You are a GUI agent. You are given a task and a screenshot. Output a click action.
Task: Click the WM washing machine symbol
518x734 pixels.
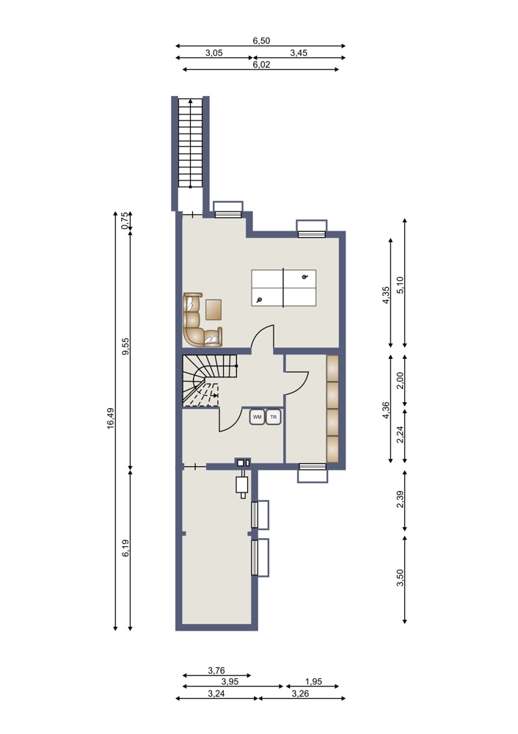click(x=258, y=417)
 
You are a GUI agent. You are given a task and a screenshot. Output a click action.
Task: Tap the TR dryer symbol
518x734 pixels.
click(x=273, y=417)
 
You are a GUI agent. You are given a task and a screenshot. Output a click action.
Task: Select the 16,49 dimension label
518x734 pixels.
click(x=111, y=418)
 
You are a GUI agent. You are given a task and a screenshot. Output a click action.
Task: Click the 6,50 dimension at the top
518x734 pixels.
click(x=262, y=40)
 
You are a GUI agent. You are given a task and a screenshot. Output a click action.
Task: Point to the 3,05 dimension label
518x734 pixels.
click(x=214, y=53)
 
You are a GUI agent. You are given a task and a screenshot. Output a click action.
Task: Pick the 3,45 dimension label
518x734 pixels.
click(x=299, y=53)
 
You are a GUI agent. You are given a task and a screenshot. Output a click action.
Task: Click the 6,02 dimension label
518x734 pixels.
click(x=262, y=65)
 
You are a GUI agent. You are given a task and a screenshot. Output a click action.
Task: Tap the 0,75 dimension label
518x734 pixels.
click(x=125, y=220)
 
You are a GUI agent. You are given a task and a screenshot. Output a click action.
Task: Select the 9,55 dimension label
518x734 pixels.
click(x=125, y=346)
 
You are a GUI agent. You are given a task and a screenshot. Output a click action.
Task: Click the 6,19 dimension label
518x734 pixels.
click(x=125, y=548)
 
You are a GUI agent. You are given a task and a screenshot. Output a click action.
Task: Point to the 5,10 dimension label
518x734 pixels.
click(x=400, y=285)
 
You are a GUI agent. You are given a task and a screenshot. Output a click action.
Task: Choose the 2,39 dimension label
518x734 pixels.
click(x=400, y=499)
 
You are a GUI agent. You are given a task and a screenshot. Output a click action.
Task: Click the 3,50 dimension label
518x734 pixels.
click(x=400, y=578)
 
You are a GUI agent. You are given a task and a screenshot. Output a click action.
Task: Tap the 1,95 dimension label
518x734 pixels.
click(x=313, y=682)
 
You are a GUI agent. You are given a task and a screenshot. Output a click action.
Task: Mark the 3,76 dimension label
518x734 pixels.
click(x=216, y=671)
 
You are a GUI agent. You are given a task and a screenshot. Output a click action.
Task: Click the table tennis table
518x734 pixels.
click(x=283, y=288)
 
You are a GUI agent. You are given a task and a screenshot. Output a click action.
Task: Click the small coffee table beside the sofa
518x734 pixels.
click(x=214, y=310)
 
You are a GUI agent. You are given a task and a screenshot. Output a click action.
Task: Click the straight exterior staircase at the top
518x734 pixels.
click(x=191, y=143)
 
